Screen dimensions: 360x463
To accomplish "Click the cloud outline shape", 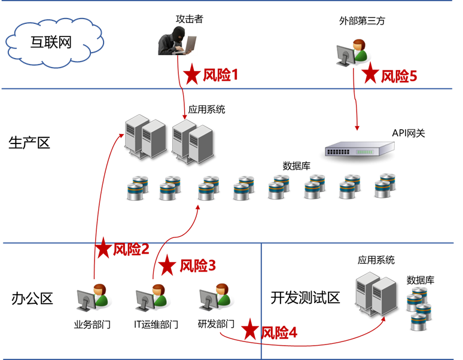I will click(x=55, y=44).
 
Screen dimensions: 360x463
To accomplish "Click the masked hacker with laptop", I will click(x=177, y=40).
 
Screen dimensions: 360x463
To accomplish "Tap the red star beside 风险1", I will click(x=191, y=74).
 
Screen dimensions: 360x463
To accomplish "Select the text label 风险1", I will click(x=221, y=75).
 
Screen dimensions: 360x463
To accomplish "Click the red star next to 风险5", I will click(x=370, y=74).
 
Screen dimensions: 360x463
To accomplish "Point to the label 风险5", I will click(x=399, y=75).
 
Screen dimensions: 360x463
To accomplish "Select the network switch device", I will click(x=360, y=148).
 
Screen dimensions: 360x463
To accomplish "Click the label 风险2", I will click(x=131, y=249).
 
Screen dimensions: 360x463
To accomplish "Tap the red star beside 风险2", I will click(x=103, y=248).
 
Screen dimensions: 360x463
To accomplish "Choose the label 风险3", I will click(x=197, y=265).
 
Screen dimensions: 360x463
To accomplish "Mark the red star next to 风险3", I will click(x=168, y=265).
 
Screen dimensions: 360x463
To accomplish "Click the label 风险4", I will click(x=279, y=332).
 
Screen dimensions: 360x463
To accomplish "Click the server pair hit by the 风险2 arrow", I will click(x=145, y=138).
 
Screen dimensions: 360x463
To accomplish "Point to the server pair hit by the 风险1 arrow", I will click(x=193, y=141).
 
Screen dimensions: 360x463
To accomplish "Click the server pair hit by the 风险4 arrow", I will click(x=376, y=292).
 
